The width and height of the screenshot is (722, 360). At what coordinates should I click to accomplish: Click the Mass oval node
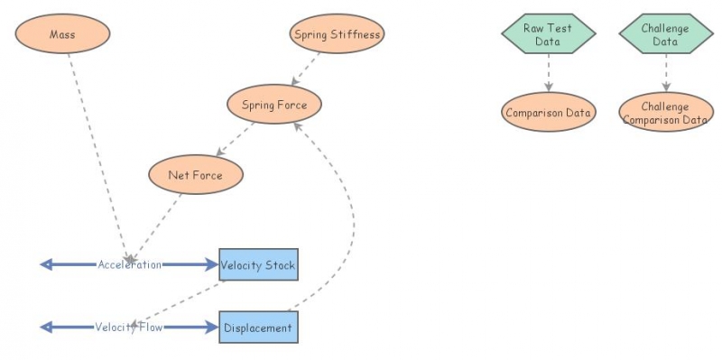pos(62,35)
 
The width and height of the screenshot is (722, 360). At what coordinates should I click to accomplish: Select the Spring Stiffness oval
pos(338,35)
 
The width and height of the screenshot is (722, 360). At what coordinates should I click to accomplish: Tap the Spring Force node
pos(274,105)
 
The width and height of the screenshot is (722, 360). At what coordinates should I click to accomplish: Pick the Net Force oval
pos(195,174)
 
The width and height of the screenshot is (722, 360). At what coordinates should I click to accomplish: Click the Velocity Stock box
pos(258,265)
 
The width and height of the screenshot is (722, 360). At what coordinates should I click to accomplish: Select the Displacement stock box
pos(258,328)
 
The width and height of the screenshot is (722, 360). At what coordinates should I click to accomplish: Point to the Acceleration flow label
pos(130,265)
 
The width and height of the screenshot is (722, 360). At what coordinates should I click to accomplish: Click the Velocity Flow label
pos(129,328)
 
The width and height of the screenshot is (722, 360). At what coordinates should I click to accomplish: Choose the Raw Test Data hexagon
pos(549,35)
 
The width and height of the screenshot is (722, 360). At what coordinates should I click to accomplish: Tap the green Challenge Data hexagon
pos(666,35)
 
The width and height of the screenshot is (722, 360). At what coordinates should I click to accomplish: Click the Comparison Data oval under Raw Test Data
pos(549,113)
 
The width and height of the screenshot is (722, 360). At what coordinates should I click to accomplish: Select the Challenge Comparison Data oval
pos(666,113)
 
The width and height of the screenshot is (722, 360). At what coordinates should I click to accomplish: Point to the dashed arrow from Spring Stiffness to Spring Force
pos(307,69)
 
